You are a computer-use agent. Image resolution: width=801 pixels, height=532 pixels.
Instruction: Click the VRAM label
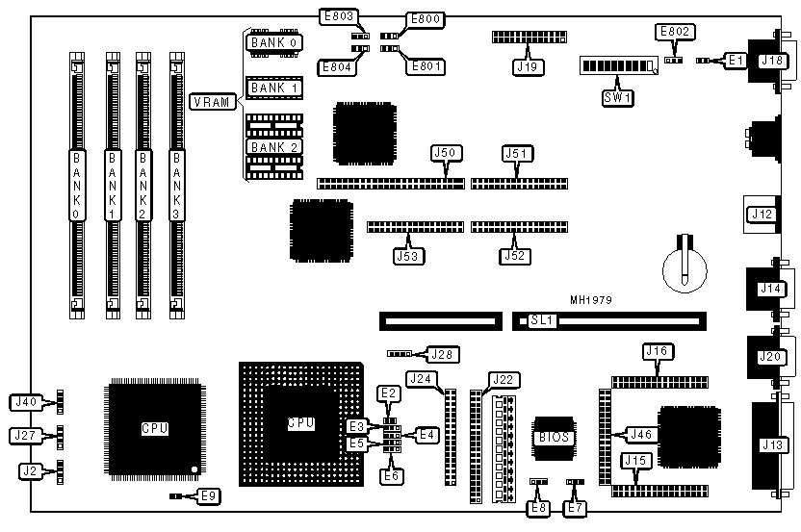(x=211, y=102)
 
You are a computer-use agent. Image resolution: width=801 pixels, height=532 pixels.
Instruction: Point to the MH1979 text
(x=590, y=300)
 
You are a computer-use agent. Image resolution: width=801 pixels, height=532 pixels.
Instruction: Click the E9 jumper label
(x=209, y=496)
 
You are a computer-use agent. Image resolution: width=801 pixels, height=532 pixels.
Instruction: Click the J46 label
(x=639, y=435)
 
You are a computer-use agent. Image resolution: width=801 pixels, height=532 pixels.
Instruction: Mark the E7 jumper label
(x=576, y=507)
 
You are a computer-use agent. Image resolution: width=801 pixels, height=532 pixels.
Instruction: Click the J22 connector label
(x=504, y=379)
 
